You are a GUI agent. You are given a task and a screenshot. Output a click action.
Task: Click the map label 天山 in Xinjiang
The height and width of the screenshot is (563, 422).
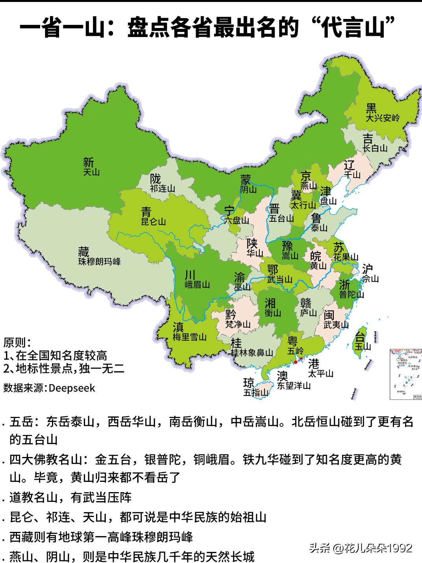91,172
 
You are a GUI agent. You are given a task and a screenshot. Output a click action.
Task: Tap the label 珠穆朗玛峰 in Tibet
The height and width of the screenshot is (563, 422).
99,261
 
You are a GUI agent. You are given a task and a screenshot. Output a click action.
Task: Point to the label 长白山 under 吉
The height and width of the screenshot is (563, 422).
375,148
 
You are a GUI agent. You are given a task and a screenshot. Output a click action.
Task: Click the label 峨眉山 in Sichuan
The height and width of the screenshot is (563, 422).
197,284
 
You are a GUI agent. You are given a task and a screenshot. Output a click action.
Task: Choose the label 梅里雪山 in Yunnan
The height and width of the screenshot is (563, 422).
189,337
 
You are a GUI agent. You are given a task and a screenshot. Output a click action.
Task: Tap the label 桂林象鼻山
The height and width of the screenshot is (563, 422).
252,352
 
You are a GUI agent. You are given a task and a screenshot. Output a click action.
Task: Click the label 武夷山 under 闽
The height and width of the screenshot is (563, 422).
336,325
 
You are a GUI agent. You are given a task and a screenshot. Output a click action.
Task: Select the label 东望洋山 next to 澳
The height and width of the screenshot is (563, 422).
293,385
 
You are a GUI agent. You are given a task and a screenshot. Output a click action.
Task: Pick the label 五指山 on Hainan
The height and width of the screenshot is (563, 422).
255,392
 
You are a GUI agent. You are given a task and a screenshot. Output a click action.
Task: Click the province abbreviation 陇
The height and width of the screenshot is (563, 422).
156,178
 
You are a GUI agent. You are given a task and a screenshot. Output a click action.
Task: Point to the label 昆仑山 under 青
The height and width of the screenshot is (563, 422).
154,221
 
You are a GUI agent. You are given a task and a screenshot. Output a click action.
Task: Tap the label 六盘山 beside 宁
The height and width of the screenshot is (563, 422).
237,221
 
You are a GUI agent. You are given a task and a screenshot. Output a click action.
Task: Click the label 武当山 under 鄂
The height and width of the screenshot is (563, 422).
279,279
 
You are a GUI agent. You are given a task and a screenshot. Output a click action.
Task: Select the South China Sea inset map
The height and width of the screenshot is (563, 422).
405,374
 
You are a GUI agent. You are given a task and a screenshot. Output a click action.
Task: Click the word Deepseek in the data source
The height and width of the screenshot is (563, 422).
72,388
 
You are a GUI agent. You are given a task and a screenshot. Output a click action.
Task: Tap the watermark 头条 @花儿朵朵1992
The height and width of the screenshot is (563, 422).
360,548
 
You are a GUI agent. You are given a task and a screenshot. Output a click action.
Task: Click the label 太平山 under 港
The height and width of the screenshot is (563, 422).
320,373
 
